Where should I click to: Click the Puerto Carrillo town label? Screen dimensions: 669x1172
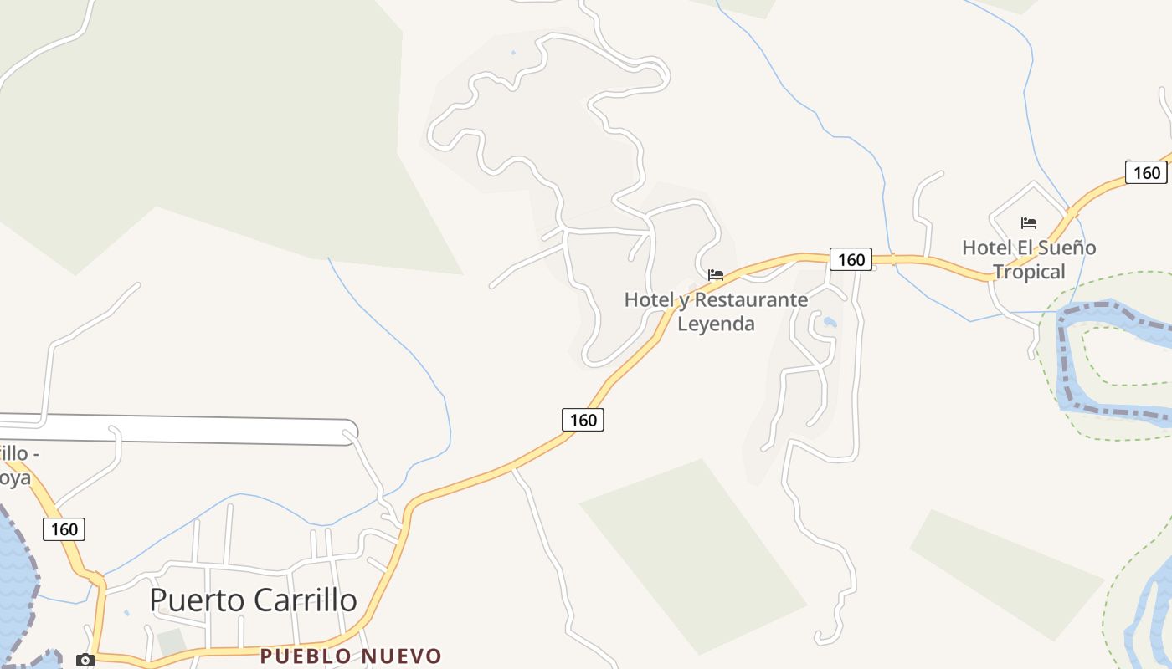click(x=253, y=600)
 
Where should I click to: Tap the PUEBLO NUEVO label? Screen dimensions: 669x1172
click(x=350, y=656)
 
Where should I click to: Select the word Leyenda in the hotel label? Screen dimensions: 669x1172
click(x=716, y=324)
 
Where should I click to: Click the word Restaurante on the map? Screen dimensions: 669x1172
click(x=752, y=299)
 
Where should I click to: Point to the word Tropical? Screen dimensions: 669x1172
click(x=1029, y=272)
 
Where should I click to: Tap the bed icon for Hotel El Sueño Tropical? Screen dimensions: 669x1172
click(x=1029, y=222)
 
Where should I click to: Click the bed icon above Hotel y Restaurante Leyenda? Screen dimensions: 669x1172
click(x=716, y=274)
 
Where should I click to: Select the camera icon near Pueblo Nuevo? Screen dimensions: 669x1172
click(x=85, y=660)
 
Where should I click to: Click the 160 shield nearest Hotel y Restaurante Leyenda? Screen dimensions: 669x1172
click(x=851, y=259)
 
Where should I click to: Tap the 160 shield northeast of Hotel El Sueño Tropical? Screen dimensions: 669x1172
click(x=1146, y=172)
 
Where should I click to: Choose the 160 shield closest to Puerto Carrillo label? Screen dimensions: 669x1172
click(x=64, y=529)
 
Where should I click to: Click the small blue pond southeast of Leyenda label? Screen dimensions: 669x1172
click(x=830, y=321)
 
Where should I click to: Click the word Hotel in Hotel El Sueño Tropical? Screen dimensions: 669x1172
click(x=985, y=248)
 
